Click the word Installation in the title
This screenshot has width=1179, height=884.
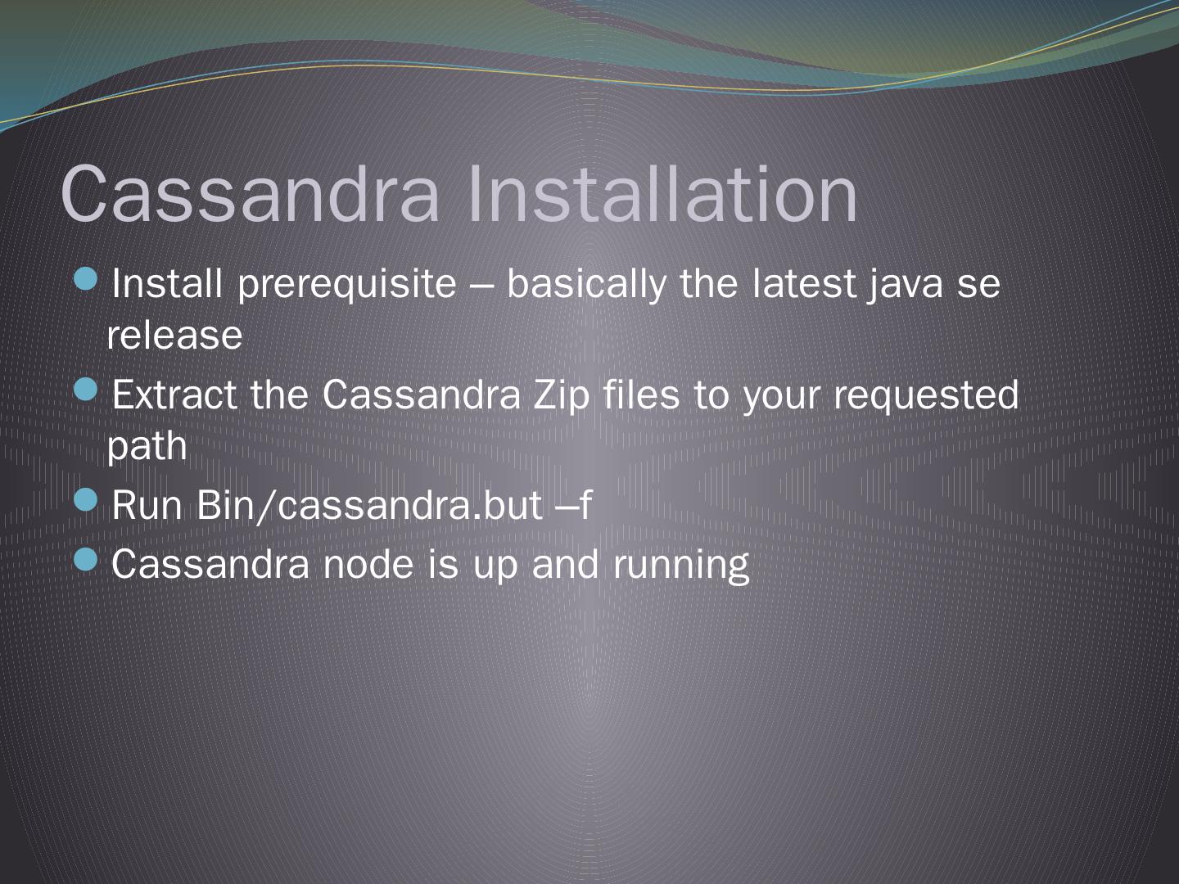coord(662,194)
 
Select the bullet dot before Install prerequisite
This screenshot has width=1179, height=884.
coord(86,281)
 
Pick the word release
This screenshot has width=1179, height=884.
coord(174,336)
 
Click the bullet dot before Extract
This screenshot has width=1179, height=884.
coord(86,390)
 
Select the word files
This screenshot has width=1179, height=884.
coord(641,395)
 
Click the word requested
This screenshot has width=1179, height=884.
coord(926,395)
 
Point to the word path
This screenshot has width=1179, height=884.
coord(147,447)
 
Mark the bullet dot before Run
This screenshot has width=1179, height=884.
coord(86,500)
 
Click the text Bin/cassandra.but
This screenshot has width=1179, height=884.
coord(369,505)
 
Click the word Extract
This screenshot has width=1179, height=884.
coord(174,395)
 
